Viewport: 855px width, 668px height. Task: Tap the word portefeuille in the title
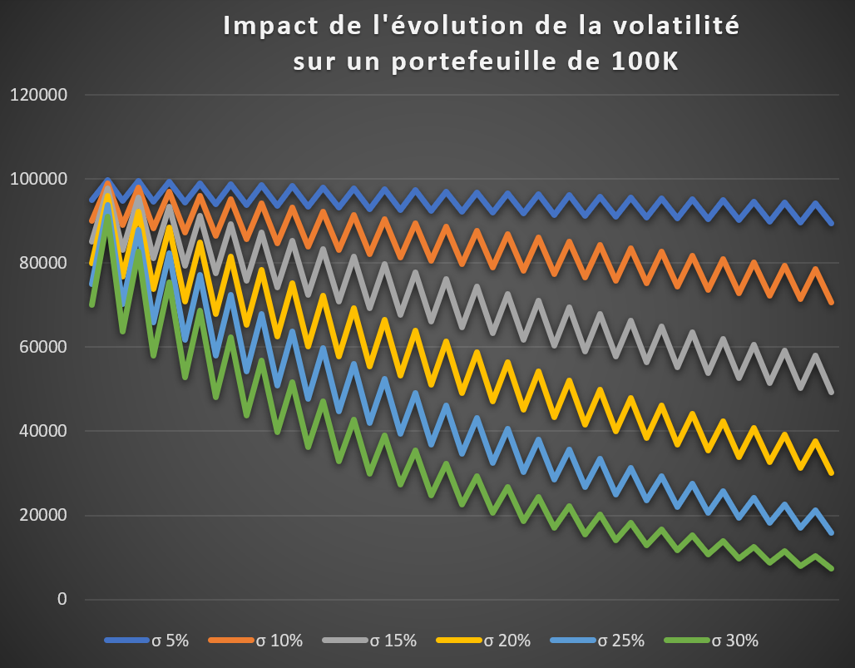(x=479, y=62)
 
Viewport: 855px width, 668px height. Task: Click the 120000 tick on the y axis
(x=39, y=95)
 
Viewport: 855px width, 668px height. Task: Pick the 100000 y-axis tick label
(x=39, y=179)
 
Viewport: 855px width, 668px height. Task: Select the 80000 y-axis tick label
(x=43, y=263)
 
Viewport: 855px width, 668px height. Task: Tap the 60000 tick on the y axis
(x=43, y=347)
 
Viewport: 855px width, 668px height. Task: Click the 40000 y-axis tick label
(x=43, y=431)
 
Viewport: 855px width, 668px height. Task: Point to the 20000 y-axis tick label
(x=43, y=516)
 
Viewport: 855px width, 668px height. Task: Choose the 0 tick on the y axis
(x=62, y=600)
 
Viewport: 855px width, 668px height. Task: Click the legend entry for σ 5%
(x=171, y=641)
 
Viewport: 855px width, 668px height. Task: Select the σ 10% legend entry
(x=279, y=641)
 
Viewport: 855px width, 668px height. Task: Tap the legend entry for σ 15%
(x=393, y=641)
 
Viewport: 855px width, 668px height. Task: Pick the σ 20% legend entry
(x=507, y=641)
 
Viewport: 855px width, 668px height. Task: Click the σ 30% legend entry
(x=735, y=641)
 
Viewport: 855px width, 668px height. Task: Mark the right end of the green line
(x=832, y=569)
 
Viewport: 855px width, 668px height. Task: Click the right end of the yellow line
(x=832, y=473)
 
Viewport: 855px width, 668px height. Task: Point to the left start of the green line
(x=91, y=305)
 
